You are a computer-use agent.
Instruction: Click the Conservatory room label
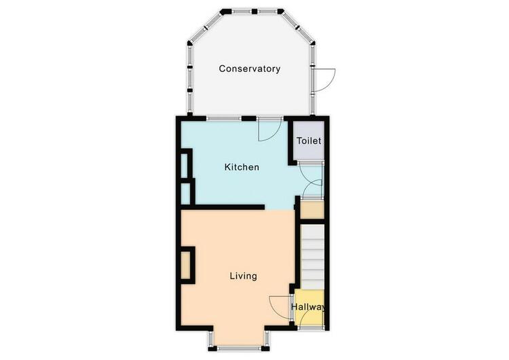(x=249, y=69)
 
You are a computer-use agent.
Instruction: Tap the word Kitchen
(x=242, y=167)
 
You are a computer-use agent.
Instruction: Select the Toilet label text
(x=309, y=141)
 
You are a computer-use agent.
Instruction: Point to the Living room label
(x=244, y=276)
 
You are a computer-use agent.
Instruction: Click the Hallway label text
(x=308, y=307)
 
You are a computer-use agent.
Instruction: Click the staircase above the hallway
(x=312, y=257)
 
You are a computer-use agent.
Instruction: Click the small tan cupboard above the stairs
(x=312, y=210)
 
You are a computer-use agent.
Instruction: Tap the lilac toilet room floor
(x=309, y=141)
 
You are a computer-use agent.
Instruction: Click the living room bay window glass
(x=239, y=348)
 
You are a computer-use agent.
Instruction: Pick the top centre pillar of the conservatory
(x=254, y=12)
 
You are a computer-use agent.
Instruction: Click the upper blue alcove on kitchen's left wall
(x=184, y=166)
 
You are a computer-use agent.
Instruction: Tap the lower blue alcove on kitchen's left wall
(x=185, y=194)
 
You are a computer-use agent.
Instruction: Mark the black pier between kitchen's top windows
(x=248, y=119)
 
